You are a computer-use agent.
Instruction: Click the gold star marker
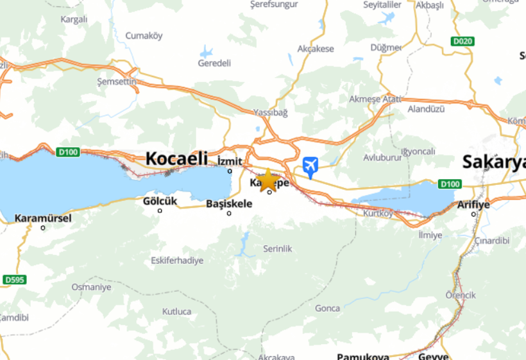[x=267, y=180]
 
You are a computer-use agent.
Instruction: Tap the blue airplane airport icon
[x=310, y=166]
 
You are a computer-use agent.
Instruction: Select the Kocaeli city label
[x=176, y=158]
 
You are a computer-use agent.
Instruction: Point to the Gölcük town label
[x=160, y=201]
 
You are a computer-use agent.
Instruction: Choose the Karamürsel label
[x=43, y=218]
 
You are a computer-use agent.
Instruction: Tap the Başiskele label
[x=229, y=203]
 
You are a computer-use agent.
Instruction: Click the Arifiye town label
[x=473, y=205]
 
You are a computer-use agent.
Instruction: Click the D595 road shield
[x=13, y=280]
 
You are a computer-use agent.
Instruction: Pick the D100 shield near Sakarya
[x=450, y=184]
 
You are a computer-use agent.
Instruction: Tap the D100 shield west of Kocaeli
[x=67, y=152]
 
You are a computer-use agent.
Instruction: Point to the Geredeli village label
[x=214, y=64]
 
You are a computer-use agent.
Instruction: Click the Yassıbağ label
[x=271, y=112]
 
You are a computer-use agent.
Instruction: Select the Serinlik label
[x=278, y=248]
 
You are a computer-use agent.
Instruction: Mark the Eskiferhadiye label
[x=177, y=261]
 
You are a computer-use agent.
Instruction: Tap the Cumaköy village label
[x=144, y=35]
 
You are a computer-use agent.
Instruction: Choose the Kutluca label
[x=176, y=312]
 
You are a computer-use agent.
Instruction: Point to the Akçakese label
[x=316, y=49]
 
